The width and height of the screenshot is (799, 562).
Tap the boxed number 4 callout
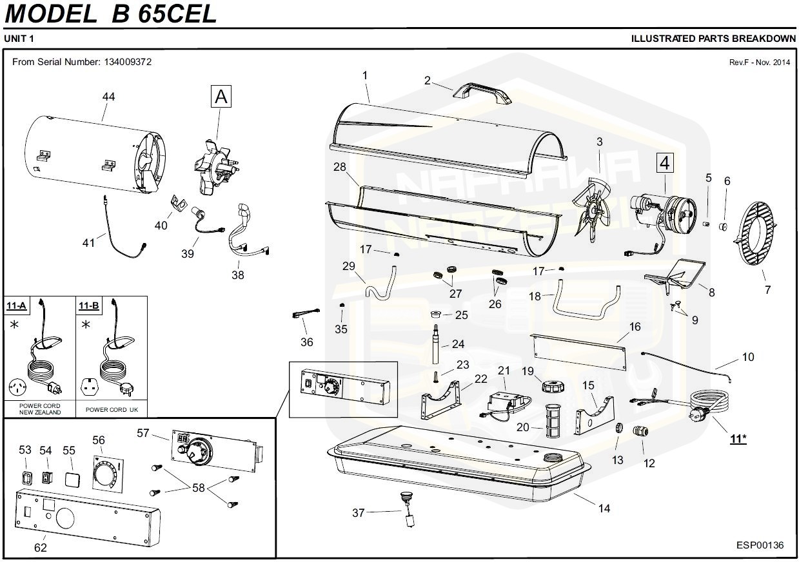[x=664, y=163]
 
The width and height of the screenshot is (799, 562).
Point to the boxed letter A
[x=221, y=97]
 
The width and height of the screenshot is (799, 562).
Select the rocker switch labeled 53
[x=25, y=479]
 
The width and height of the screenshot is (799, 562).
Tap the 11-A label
[x=17, y=305]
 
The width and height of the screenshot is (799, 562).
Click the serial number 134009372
[x=127, y=62]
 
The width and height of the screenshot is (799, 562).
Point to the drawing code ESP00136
[x=760, y=545]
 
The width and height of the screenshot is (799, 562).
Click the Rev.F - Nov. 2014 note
[x=759, y=63]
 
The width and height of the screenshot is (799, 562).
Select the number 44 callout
[x=108, y=97]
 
